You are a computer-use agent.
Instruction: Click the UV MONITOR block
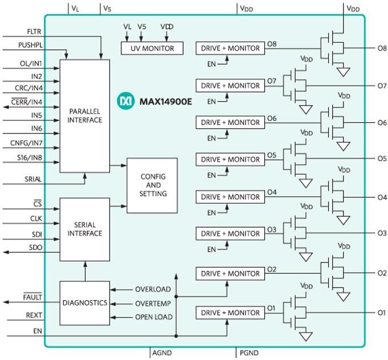click(152, 48)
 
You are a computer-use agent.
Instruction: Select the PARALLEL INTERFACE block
click(84, 115)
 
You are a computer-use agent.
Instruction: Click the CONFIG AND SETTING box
click(152, 185)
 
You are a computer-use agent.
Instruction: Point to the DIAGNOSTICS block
click(84, 303)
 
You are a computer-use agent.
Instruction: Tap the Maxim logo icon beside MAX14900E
click(124, 101)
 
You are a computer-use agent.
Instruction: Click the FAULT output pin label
click(33, 297)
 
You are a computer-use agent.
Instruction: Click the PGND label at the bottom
click(249, 354)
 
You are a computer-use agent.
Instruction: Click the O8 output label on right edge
click(382, 48)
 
